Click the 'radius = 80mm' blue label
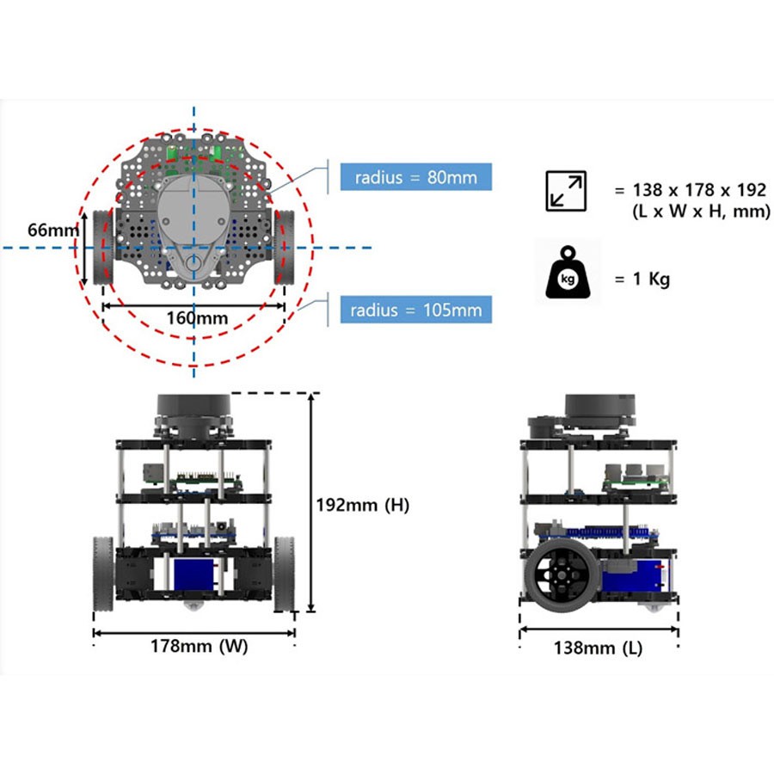415,177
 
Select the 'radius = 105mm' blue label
416,310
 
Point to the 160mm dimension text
197,317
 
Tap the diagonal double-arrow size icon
566,191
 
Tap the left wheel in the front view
103,574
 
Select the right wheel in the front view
284,574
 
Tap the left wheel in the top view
105,247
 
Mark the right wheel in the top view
285,247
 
